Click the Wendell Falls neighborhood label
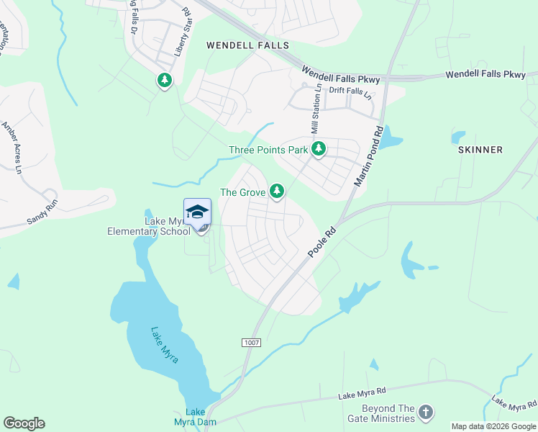(x=247, y=45)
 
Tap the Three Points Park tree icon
(x=319, y=150)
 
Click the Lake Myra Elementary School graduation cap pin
(x=197, y=213)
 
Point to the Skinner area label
(x=480, y=149)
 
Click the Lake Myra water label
(x=165, y=345)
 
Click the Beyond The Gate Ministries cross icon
(x=426, y=413)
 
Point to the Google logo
(x=24, y=423)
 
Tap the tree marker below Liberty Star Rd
(x=165, y=80)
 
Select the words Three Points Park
(x=268, y=150)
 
